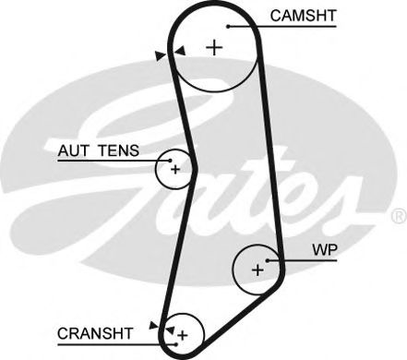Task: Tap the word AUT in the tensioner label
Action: click(x=74, y=150)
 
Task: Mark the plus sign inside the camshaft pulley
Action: click(x=215, y=47)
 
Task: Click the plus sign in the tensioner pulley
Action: click(x=174, y=169)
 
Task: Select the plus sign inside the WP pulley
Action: click(x=257, y=270)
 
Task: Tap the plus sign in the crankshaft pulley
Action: click(x=183, y=333)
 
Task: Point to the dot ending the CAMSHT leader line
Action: click(x=227, y=27)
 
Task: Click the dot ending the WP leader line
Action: click(x=268, y=261)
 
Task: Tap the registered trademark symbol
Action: click(x=398, y=216)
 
